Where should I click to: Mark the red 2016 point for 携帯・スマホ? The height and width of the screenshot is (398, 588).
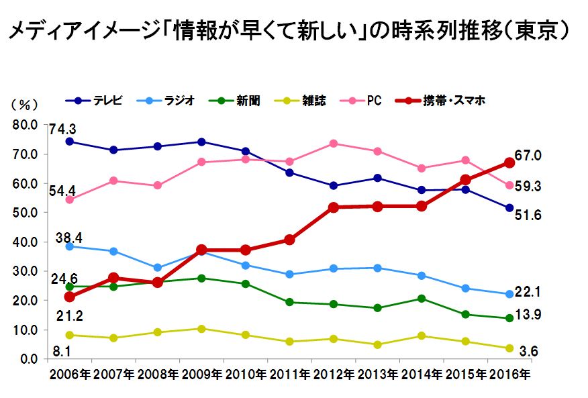pos(509,162)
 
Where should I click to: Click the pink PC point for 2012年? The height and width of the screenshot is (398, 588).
pos(334,144)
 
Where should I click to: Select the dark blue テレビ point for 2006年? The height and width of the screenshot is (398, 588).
pos(70,142)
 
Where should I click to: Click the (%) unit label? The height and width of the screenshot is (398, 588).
pos(21,105)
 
